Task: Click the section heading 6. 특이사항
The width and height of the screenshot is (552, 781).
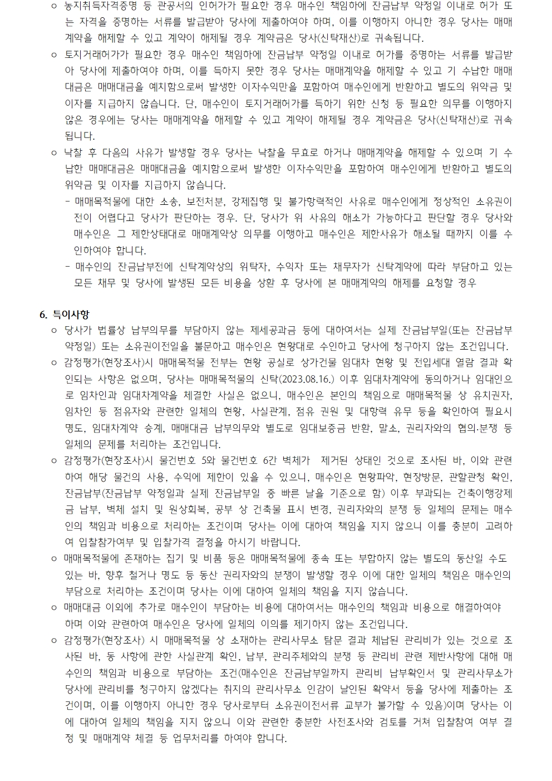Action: pyautogui.click(x=65, y=315)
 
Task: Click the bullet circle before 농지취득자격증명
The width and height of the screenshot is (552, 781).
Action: pyautogui.click(x=54, y=8)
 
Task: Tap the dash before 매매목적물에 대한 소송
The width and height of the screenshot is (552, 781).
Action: pyautogui.click(x=68, y=202)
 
